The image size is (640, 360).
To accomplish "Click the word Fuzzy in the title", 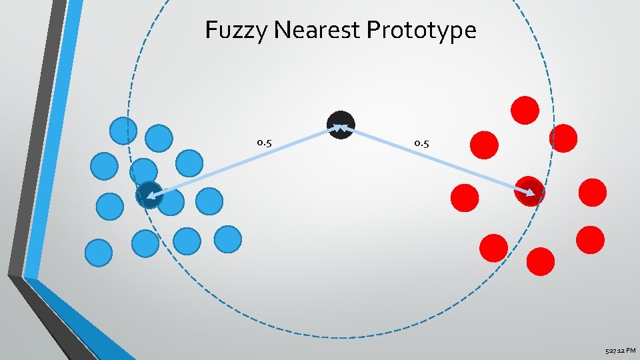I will point(229,30).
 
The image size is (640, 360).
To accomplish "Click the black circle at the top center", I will point(341,125).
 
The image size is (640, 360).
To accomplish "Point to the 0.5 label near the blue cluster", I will point(264,143).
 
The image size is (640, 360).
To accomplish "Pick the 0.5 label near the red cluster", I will point(421,143).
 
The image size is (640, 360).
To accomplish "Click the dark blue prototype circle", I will point(149,195).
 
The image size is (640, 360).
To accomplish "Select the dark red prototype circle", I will point(530,192).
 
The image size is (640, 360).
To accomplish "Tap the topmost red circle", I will point(525,110).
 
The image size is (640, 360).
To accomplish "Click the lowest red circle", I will point(540,261).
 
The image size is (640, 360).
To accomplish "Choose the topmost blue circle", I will point(123,131).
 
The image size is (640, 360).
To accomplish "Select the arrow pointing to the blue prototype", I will point(240,163).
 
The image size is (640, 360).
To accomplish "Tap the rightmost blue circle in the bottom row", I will point(228,239).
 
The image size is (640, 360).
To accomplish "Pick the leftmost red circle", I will point(465,197).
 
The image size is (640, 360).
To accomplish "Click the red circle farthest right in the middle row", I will point(593,192).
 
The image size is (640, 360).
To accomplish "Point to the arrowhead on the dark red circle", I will point(531,194).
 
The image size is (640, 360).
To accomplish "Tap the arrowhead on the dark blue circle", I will point(152,196).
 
